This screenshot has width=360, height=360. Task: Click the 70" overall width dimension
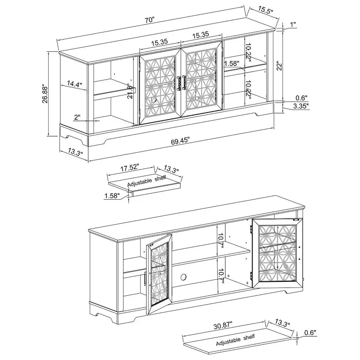pos(149,20)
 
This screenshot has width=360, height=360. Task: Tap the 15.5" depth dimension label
pos(265,10)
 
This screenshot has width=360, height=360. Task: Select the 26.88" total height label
pos(45,94)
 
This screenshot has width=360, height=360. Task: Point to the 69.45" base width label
pos(180,141)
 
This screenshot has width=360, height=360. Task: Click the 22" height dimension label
pos(279,66)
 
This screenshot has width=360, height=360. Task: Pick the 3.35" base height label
pos(301,106)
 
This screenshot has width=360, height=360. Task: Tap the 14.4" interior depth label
pos(74,84)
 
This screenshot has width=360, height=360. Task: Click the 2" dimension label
pos(77,117)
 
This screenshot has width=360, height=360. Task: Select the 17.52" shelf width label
pos(130,167)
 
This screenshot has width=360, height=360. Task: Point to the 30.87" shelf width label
pos(223,325)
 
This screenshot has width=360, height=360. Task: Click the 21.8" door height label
pos(130,92)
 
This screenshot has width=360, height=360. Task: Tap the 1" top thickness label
pos(293,24)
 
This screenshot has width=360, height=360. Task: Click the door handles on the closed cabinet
pos(181,83)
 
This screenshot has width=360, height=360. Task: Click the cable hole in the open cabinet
pos(184,277)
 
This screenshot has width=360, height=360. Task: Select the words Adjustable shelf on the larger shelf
pos(235,340)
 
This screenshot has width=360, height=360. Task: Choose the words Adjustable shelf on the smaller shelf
pos(147,182)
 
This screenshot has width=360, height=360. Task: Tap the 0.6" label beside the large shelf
pos(310,333)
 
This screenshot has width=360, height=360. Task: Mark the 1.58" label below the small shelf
pos(112,196)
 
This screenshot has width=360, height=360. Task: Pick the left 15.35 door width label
pos(160,42)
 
